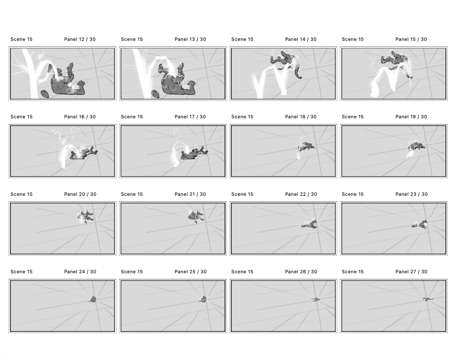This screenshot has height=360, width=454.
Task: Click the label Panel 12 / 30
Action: coord(80,39)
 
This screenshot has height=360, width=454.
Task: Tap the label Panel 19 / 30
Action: coord(411,117)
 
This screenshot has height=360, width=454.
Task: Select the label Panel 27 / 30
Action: coord(411,272)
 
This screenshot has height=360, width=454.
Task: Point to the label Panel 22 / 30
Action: coord(301,194)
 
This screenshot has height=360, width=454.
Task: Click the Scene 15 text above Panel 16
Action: coord(22,117)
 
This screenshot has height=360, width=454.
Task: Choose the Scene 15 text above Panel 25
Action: coord(132,272)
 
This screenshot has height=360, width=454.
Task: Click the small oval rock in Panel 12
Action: coord(44,94)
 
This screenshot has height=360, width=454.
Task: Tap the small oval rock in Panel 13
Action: coord(155,94)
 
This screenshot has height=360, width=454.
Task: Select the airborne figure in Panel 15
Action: coord(396,62)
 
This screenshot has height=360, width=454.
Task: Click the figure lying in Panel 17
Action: coord(193,153)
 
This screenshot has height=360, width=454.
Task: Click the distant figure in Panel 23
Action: coord(420,225)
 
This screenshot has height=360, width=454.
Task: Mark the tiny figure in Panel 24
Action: coord(92,299)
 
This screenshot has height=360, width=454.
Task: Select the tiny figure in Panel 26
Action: coord(316,299)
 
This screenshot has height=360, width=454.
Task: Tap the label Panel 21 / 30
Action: coord(190,194)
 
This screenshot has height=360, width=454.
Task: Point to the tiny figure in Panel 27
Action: coord(427,299)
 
